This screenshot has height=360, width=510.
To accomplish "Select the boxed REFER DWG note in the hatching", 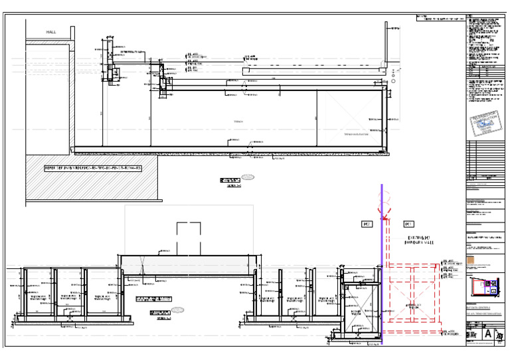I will point(92,168).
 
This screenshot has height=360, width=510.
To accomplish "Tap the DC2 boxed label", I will point(365,225).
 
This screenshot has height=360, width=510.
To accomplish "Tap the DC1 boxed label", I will point(408,225).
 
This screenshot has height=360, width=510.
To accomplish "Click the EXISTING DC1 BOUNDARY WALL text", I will point(418,240).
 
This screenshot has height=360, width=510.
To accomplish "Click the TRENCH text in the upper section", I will point(238,122).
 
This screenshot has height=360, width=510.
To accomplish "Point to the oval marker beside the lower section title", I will point(178,310).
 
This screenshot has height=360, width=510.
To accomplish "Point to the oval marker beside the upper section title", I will point(247,178).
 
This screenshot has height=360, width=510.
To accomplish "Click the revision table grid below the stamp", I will point(482,159).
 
